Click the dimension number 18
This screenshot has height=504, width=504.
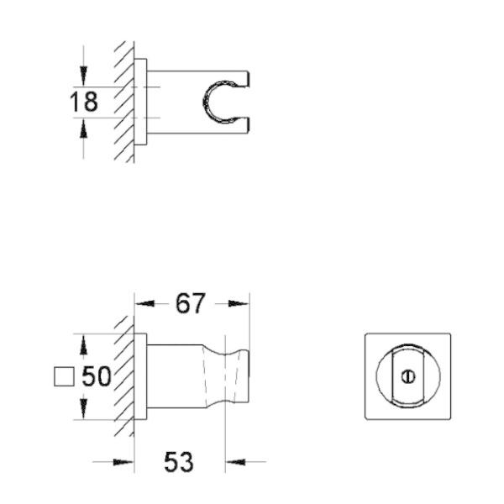point(84,102)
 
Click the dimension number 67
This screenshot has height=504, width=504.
point(190,302)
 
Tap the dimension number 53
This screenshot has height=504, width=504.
point(178,461)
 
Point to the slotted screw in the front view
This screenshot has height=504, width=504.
point(408,375)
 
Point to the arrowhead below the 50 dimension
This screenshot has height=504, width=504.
point(83,411)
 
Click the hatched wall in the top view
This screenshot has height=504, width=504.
point(125,101)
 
